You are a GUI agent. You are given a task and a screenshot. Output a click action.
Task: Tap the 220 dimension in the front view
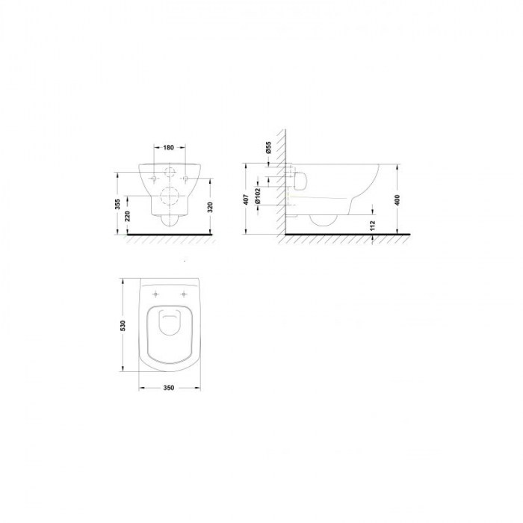[128, 217]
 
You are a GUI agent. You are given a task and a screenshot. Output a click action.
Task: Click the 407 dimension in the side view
[245, 199]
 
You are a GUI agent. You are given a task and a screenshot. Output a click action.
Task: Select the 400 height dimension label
[397, 199]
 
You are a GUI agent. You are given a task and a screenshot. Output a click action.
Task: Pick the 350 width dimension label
[170, 389]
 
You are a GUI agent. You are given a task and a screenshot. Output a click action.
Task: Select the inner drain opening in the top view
[170, 323]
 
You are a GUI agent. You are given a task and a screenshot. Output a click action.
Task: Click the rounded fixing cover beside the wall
[302, 180]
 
